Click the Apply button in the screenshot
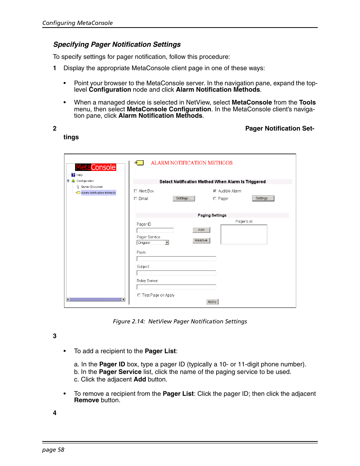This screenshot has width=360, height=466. (212, 302)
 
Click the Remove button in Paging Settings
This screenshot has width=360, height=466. (201, 240)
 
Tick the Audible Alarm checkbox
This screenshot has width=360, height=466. (215, 191)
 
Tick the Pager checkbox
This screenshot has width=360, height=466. (215, 198)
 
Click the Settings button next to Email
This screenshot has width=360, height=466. (184, 198)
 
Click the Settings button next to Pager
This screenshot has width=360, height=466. (263, 198)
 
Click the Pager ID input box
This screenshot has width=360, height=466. (155, 230)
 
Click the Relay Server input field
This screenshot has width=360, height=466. (176, 287)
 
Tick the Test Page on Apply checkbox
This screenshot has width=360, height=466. (139, 295)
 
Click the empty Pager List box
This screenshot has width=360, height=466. (244, 235)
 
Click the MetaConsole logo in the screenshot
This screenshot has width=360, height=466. (95, 168)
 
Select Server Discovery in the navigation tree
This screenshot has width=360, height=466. (92, 187)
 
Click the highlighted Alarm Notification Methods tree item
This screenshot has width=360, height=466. (98, 193)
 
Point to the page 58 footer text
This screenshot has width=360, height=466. (53, 450)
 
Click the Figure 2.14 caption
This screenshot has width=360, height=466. (180, 321)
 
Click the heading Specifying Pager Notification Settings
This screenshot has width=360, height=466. (117, 45)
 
